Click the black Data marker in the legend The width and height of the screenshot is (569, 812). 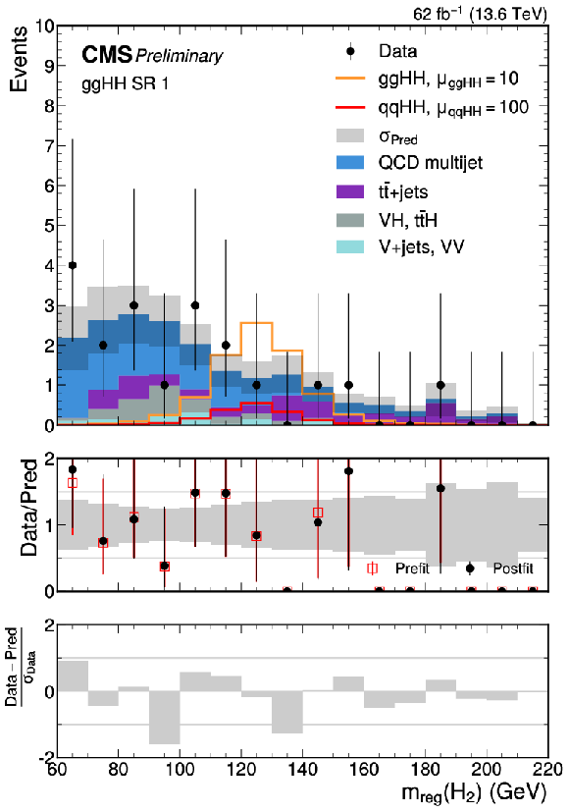pyautogui.click(x=350, y=51)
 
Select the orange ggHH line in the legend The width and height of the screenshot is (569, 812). pyautogui.click(x=350, y=79)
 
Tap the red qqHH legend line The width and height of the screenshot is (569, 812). pyautogui.click(x=350, y=107)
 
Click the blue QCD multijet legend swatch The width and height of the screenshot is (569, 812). pyautogui.click(x=350, y=163)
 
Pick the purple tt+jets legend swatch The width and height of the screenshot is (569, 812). pyautogui.click(x=350, y=191)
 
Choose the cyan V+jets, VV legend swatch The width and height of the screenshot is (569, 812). pyautogui.click(x=350, y=246)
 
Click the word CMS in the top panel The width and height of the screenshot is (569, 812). pyautogui.click(x=107, y=54)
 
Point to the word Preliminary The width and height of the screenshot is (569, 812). pyautogui.click(x=179, y=56)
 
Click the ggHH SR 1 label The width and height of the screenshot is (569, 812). pyautogui.click(x=126, y=83)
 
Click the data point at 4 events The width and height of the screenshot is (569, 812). pyautogui.click(x=73, y=265)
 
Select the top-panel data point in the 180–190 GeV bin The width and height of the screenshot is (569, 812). pyautogui.click(x=440, y=385)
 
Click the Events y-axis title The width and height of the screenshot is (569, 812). pyautogui.click(x=19, y=59)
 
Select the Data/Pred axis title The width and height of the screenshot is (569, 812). pyautogui.click(x=29, y=508)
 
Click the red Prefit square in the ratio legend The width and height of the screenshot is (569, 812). pyautogui.click(x=372, y=568)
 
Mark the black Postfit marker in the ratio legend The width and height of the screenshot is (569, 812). pyautogui.click(x=470, y=568)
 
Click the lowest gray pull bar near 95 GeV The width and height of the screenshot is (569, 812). pyautogui.click(x=165, y=717)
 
